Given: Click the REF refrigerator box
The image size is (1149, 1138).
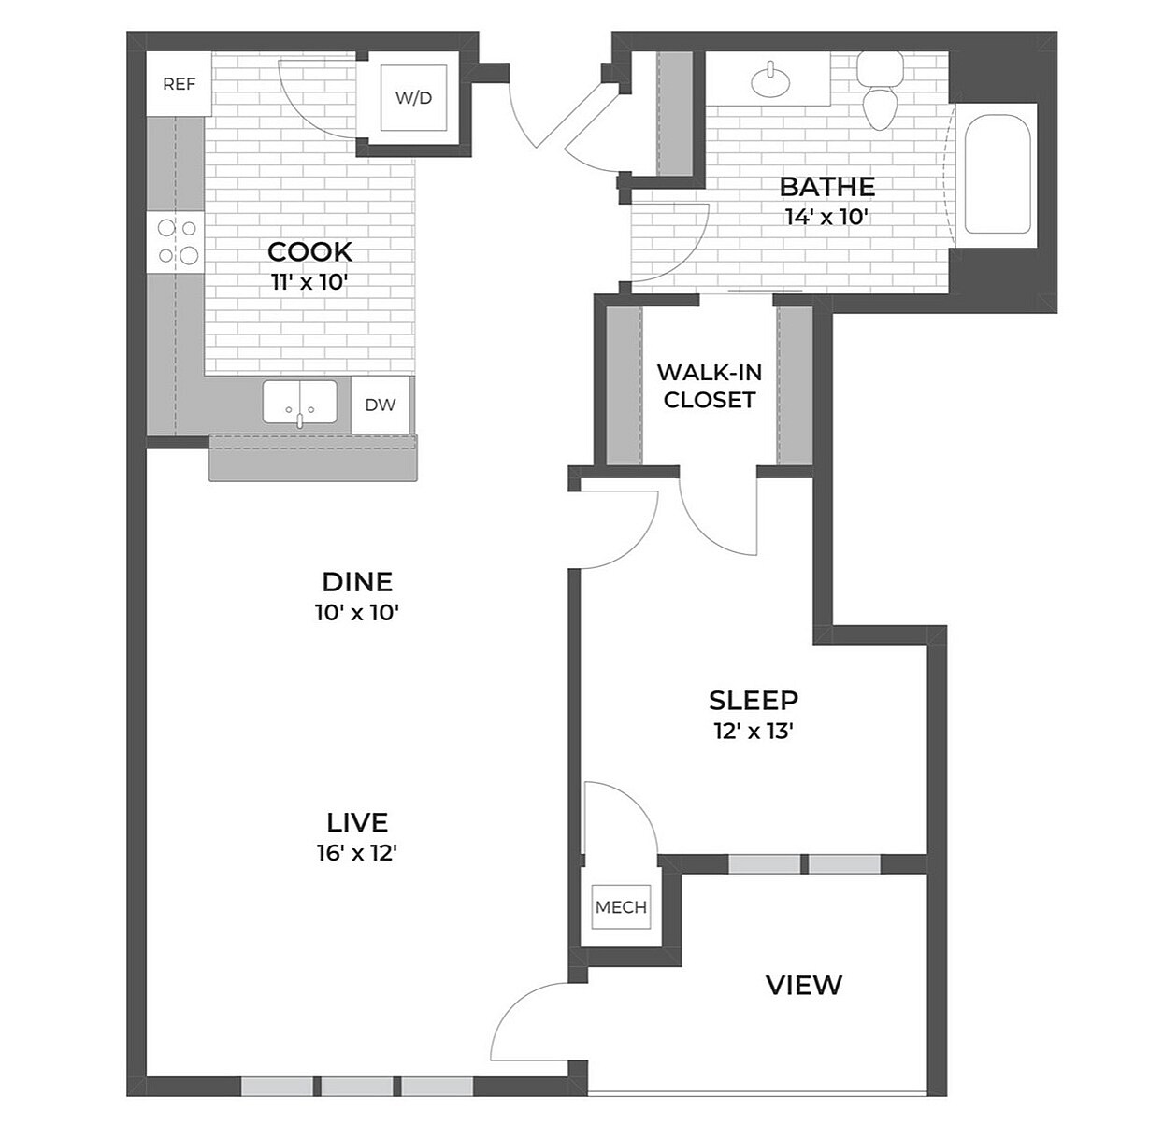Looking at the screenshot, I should pos(179,84).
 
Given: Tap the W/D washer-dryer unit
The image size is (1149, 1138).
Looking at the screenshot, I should pos(413,97).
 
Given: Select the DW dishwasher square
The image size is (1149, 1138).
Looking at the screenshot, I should pos(381,405).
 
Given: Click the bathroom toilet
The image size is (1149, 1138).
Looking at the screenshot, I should pos(880,93).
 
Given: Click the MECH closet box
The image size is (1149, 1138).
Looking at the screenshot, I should pos(621,907).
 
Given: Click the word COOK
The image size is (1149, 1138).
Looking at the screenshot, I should pos(309,251).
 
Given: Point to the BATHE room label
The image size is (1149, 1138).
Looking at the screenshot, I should pos(826,186).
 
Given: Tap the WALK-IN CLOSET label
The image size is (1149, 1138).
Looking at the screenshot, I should pos(709,386).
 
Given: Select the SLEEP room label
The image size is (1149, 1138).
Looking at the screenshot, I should pos(753,700).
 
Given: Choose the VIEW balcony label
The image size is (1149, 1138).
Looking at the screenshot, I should pos(803,985).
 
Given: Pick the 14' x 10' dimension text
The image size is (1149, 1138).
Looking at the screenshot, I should pos(827,218).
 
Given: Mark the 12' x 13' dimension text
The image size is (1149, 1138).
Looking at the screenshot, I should pos(753,731).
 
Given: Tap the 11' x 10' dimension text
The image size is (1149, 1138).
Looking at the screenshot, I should pos(309,282).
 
